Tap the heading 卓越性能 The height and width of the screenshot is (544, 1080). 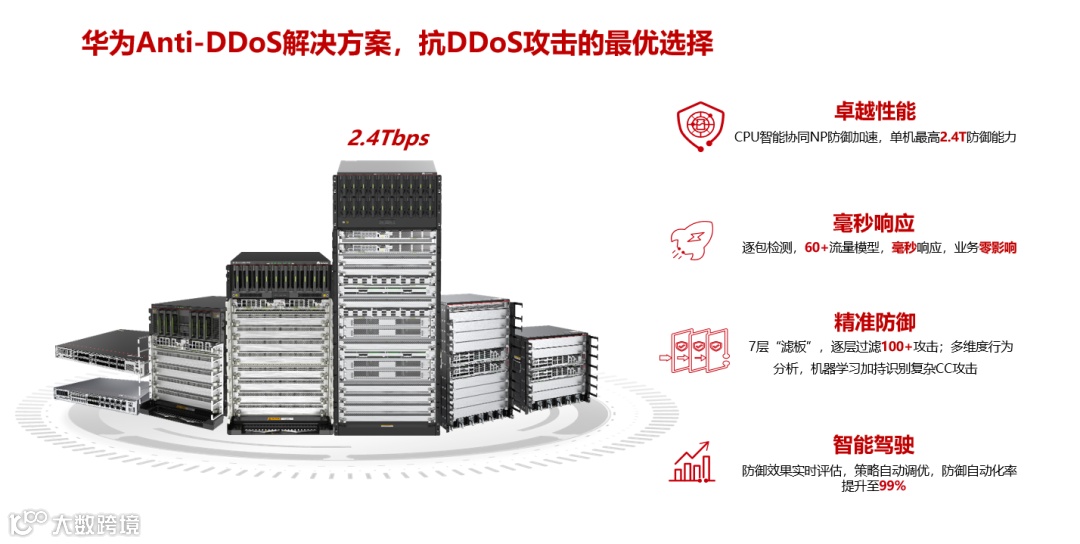coord(874,111)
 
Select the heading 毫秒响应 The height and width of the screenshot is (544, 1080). coord(874,222)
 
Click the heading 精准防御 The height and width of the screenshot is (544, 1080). coord(874,322)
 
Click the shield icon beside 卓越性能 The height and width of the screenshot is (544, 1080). coord(699,124)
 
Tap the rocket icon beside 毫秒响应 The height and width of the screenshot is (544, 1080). coord(689,240)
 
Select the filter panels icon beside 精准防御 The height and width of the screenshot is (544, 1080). coord(696,349)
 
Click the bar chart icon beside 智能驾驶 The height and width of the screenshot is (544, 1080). coord(694,461)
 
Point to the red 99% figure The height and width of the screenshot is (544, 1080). coord(893,486)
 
